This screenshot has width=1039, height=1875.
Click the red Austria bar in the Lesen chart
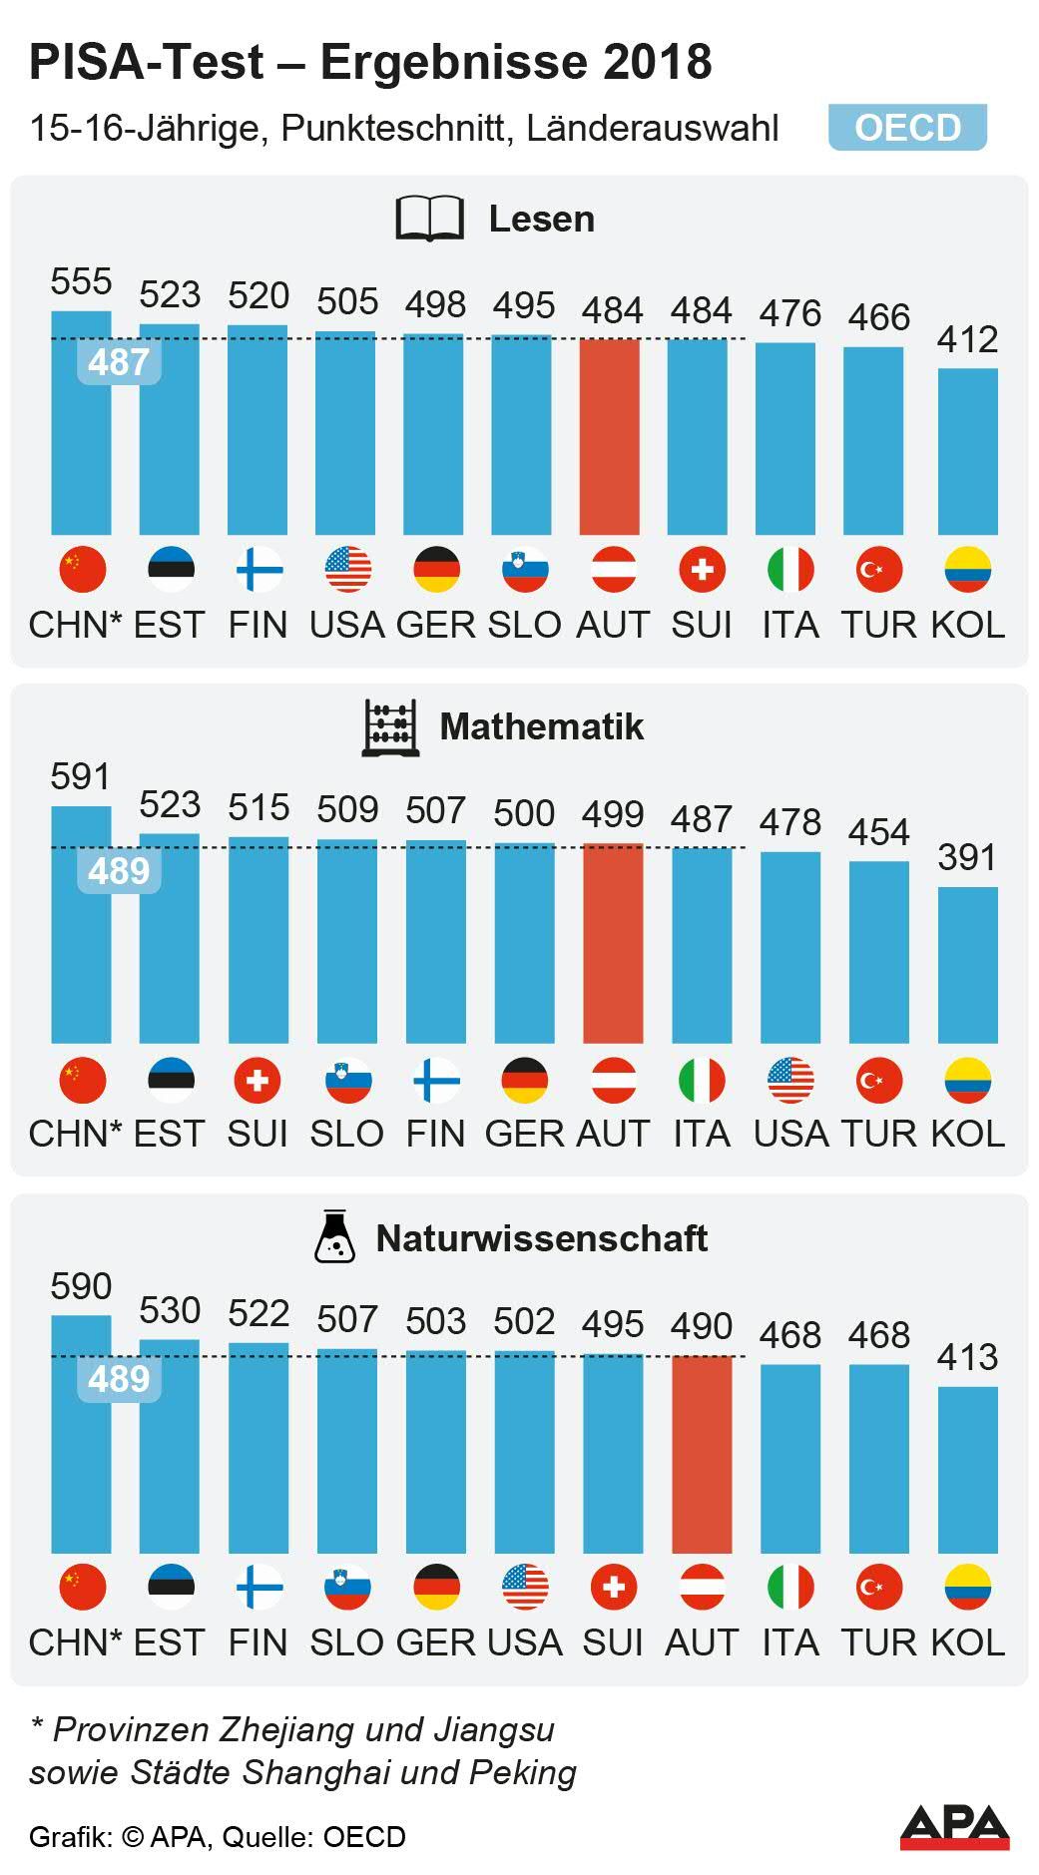610,436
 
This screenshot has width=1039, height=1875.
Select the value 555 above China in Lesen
81,281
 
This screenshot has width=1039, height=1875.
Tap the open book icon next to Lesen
430,219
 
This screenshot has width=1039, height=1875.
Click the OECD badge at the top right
907,128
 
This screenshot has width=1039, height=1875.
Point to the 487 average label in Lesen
119,361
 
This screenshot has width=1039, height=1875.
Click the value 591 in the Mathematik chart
81,776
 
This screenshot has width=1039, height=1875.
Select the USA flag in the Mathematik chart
790,1080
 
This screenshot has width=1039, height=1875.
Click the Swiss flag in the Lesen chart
702,570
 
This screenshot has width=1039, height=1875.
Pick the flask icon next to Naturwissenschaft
333,1237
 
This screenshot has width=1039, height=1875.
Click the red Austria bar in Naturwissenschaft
702,1454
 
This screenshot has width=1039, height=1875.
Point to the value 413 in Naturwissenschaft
967,1357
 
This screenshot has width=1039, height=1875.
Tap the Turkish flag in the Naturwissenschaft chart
879,1587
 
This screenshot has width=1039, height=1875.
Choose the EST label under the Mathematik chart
169,1134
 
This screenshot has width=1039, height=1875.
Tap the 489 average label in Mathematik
119,871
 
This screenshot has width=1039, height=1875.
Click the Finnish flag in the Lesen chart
259,570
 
